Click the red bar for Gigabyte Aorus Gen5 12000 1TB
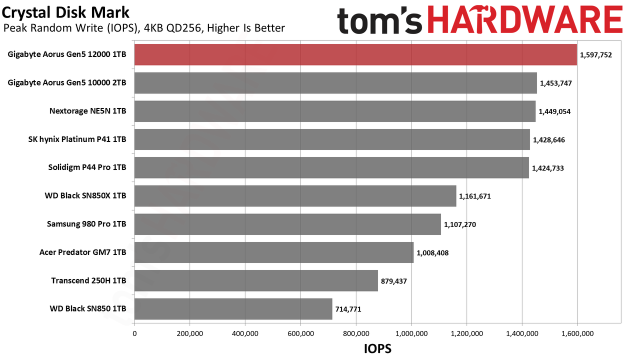[355, 54]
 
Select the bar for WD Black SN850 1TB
[233, 309]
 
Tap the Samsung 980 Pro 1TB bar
[287, 224]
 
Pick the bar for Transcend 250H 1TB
[256, 280]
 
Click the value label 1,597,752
[596, 55]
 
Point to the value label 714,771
[348, 309]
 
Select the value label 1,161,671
[475, 196]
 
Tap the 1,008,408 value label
[432, 253]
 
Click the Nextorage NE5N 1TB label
[87, 111]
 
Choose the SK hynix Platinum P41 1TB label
[77, 139]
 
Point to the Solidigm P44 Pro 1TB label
[87, 167]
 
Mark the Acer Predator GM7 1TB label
[83, 252]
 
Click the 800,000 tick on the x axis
[356, 333]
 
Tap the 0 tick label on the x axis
[134, 333]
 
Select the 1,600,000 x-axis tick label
[577, 333]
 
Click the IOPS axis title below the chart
[377, 348]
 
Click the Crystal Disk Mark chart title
[65, 12]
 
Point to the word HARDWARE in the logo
[525, 19]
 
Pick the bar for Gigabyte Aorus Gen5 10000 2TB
[335, 83]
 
